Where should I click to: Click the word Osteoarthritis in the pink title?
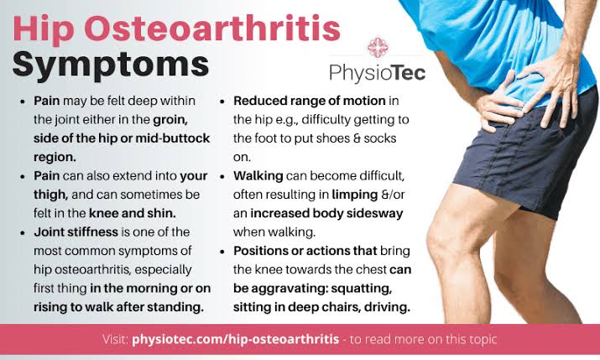pos(211,29)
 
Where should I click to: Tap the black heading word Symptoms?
pos(111,65)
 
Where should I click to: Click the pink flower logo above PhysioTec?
pos(378,47)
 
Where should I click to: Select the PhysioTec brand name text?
pos(378,73)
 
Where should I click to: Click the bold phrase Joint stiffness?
pos(76,232)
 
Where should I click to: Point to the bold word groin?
pos(170,120)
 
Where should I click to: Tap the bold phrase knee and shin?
pos(133,213)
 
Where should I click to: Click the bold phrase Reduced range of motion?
pos(310,101)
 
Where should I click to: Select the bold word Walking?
pos(258,176)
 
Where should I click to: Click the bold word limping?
pos(355,196)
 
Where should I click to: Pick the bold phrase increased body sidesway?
pos(326,213)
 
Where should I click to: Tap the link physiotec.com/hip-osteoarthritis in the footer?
pos(235,339)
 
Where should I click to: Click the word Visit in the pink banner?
pos(115,339)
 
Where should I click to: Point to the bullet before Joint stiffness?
pos(23,232)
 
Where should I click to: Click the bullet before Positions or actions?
pos(222,252)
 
